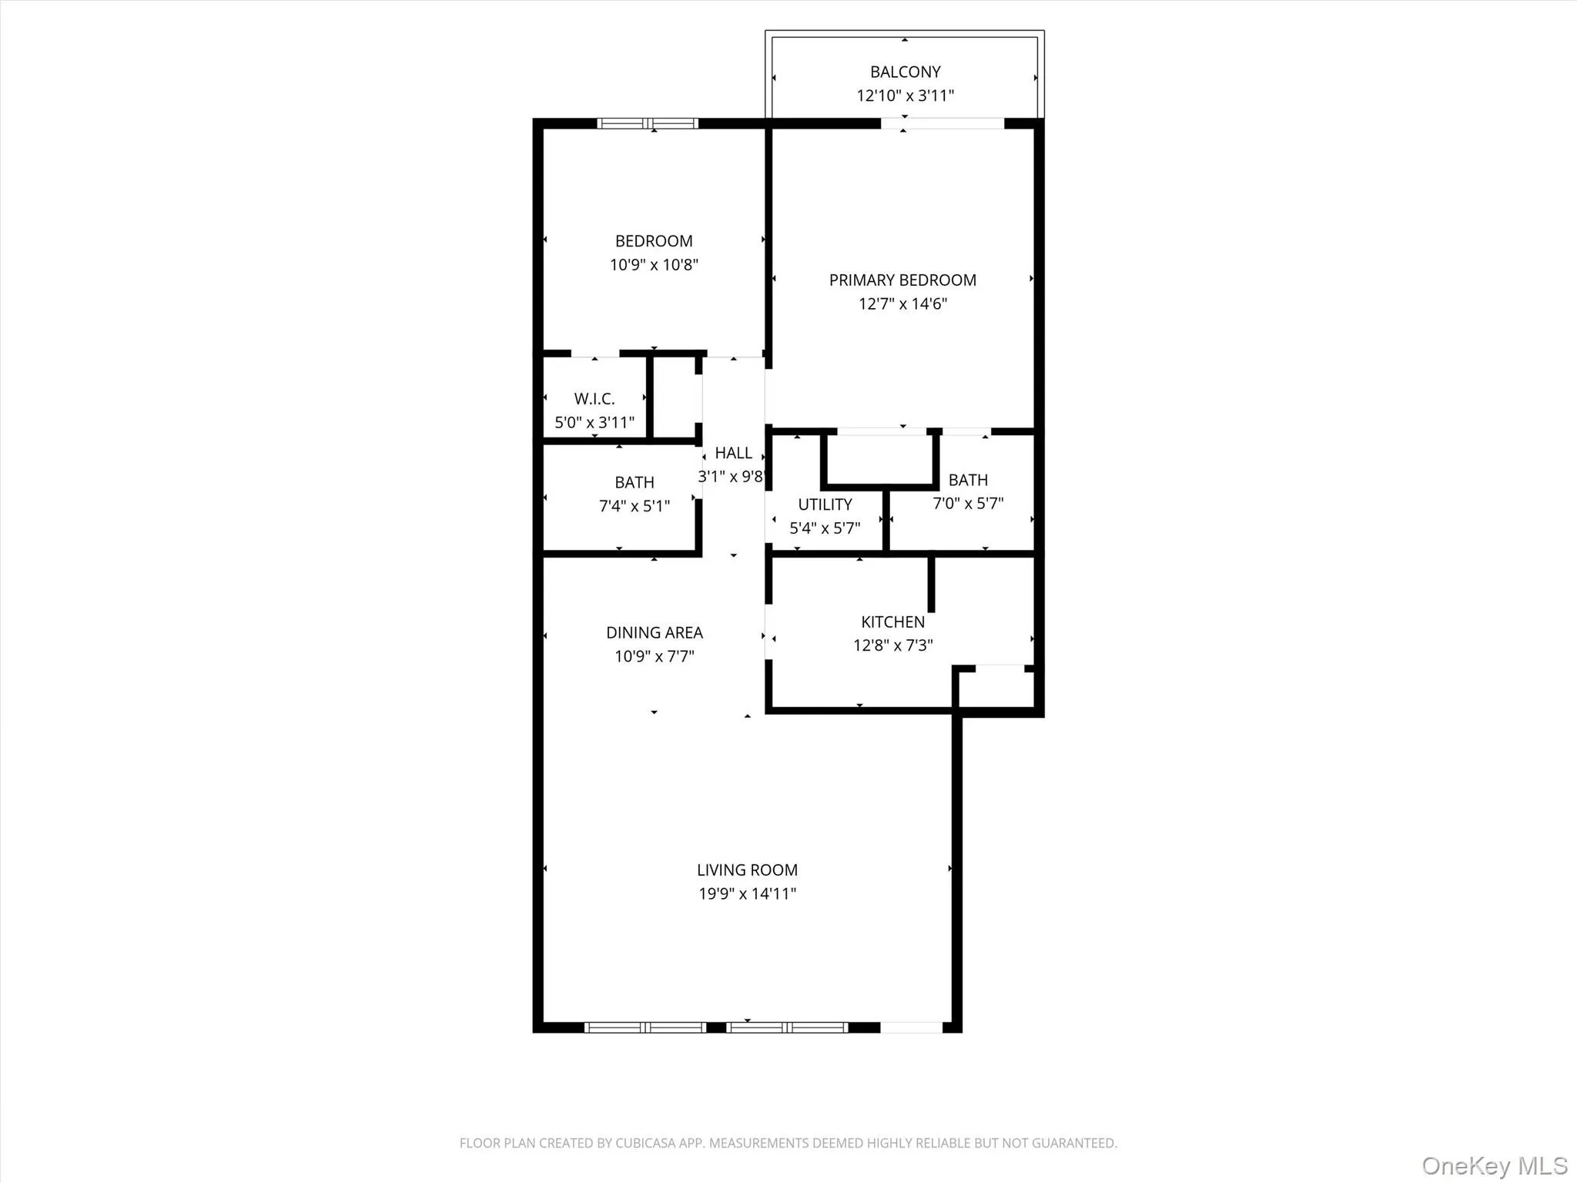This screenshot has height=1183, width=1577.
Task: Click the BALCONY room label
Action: pos(905,72)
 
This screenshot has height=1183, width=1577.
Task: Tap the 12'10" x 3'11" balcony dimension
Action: pos(905,96)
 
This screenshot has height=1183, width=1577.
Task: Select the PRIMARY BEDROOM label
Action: pos(902,280)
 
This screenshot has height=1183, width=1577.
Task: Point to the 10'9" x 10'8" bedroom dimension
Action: pos(654,265)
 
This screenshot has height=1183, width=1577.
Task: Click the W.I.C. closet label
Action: pos(594,399)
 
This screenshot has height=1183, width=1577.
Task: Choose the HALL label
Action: pos(733,453)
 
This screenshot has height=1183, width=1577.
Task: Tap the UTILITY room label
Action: pos(825,504)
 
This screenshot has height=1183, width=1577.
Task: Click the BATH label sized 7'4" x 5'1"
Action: pos(634,482)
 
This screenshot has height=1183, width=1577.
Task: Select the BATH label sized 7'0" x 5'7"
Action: pos(968,480)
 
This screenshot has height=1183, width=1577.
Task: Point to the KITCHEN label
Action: pos(892,622)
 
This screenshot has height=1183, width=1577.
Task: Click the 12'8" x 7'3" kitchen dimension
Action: pos(892,645)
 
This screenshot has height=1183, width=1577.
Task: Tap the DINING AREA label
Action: pos(654,632)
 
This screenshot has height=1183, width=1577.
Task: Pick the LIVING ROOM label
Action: pos(747,870)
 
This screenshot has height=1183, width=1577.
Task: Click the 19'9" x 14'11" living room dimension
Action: pos(747,893)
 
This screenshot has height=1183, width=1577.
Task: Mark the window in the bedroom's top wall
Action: pos(648,123)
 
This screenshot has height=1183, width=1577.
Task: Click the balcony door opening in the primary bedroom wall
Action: pos(943,123)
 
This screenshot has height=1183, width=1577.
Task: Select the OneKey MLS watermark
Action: pos(1494,1165)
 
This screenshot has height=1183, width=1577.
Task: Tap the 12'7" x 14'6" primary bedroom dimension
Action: pos(902,303)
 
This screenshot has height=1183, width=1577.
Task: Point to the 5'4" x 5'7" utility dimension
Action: pos(825,528)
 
